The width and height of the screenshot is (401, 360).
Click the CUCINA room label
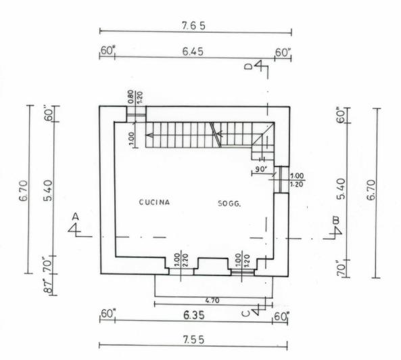click(154, 202)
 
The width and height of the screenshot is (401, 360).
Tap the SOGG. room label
click(229, 204)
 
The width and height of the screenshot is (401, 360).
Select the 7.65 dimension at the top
click(193, 26)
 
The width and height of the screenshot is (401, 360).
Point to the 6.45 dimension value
click(193, 51)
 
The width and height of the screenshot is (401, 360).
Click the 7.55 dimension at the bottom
click(193, 340)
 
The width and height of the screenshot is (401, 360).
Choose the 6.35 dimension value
click(194, 315)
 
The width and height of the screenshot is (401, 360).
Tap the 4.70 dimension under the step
click(212, 300)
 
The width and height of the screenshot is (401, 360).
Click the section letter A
click(75, 217)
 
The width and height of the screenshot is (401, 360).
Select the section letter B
click(336, 220)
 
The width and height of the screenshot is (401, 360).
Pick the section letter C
click(245, 313)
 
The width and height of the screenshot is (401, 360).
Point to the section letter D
click(248, 66)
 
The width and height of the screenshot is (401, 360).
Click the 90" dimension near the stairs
click(261, 169)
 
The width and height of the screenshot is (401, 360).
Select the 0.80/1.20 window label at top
click(135, 97)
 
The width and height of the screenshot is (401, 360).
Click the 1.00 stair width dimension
click(131, 139)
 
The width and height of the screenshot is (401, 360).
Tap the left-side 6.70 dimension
click(24, 191)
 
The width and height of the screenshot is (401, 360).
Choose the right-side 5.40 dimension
click(341, 189)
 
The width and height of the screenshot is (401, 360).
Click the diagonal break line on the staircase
click(216, 135)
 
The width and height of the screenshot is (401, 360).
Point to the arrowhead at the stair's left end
click(149, 135)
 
